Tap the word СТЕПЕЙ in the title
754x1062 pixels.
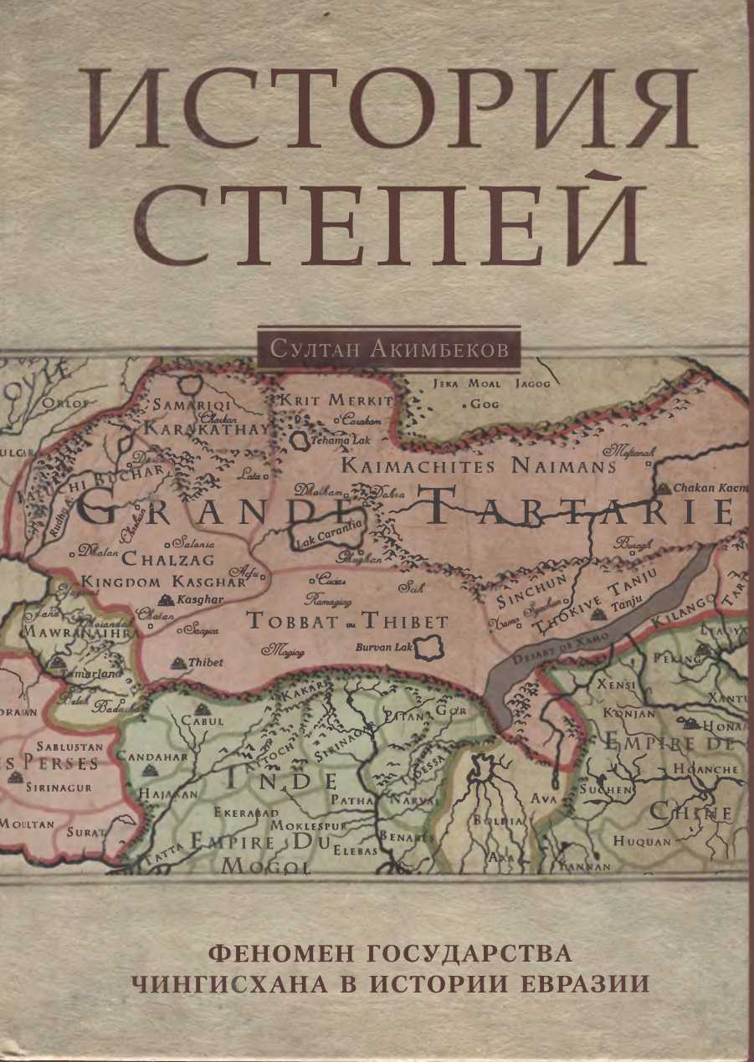click(392, 219)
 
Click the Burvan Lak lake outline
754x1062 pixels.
click(430, 645)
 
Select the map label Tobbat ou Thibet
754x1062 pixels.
click(347, 622)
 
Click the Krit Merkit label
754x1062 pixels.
click(334, 400)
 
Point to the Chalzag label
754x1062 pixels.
click(168, 558)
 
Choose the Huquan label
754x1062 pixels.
click(641, 841)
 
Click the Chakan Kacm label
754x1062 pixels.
click(705, 488)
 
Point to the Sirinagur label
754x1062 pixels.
click(60, 787)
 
